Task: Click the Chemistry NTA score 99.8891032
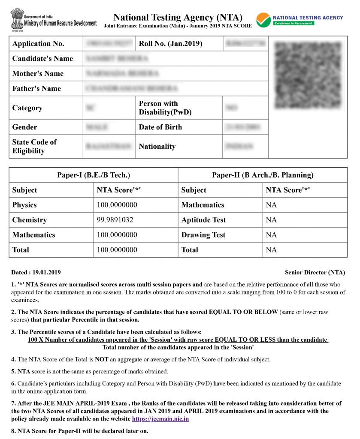[x=115, y=220]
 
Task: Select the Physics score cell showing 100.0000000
[x=117, y=205]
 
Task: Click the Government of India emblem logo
[x=17, y=19]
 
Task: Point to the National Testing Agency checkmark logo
[x=263, y=20]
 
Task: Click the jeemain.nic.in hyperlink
[x=160, y=419]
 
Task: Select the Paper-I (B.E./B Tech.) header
[x=94, y=175]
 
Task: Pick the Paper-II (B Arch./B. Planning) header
[x=263, y=175]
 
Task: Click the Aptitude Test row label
[x=203, y=220]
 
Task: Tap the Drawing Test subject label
[x=203, y=235]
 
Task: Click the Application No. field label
[x=38, y=44]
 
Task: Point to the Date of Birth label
[x=160, y=127]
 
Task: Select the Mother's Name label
[x=38, y=74]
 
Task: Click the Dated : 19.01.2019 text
[x=36, y=272]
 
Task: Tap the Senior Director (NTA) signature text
[x=315, y=272]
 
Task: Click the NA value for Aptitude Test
[x=271, y=220]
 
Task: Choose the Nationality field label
[x=157, y=147]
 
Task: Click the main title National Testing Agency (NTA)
[x=178, y=18]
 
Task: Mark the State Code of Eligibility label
[x=34, y=147]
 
